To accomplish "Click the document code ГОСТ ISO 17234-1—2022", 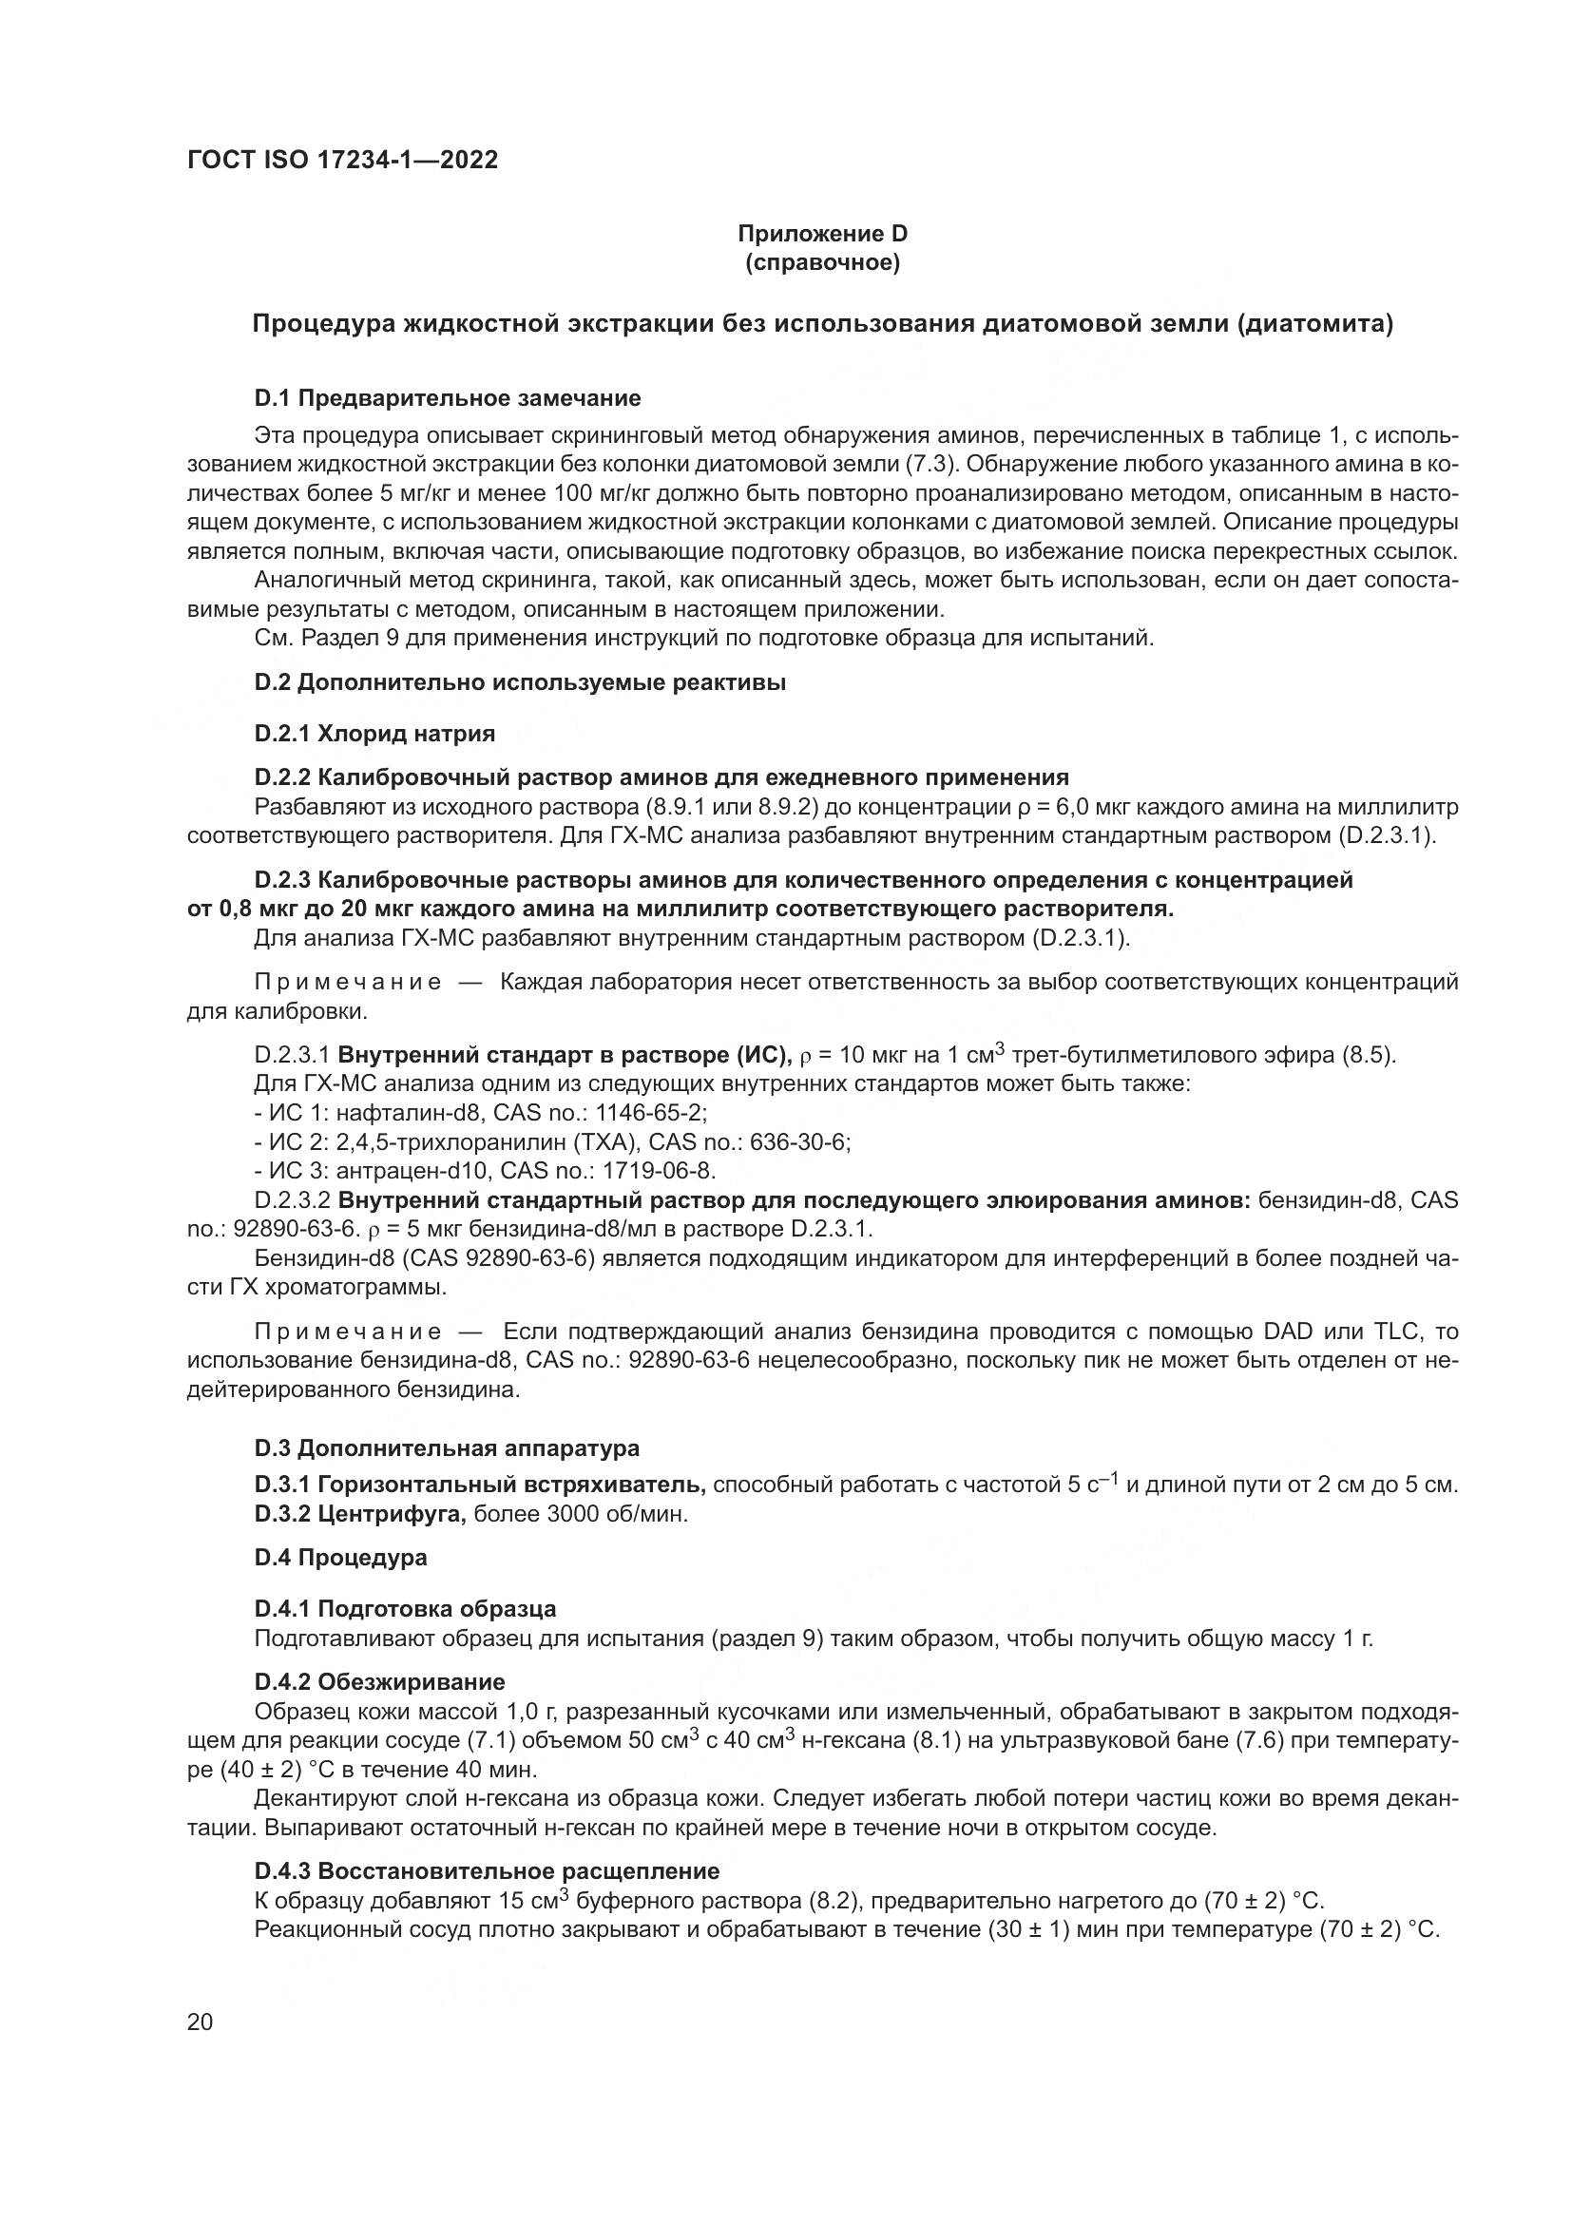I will pyautogui.click(x=343, y=161).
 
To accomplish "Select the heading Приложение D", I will pyautogui.click(x=822, y=234).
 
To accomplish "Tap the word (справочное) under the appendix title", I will pyautogui.click(x=822, y=262).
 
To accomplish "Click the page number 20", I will pyautogui.click(x=200, y=2022).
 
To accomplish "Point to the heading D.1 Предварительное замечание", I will pyautogui.click(x=448, y=398).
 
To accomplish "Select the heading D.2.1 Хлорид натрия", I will pyautogui.click(x=374, y=733).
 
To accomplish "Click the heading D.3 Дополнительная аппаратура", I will pyautogui.click(x=447, y=1448).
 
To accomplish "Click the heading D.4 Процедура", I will pyautogui.click(x=341, y=1558).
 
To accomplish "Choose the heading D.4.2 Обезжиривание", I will pyautogui.click(x=379, y=1682).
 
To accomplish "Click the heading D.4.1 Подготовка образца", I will pyautogui.click(x=405, y=1609).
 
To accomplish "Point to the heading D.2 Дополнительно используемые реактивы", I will pyautogui.click(x=520, y=682).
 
